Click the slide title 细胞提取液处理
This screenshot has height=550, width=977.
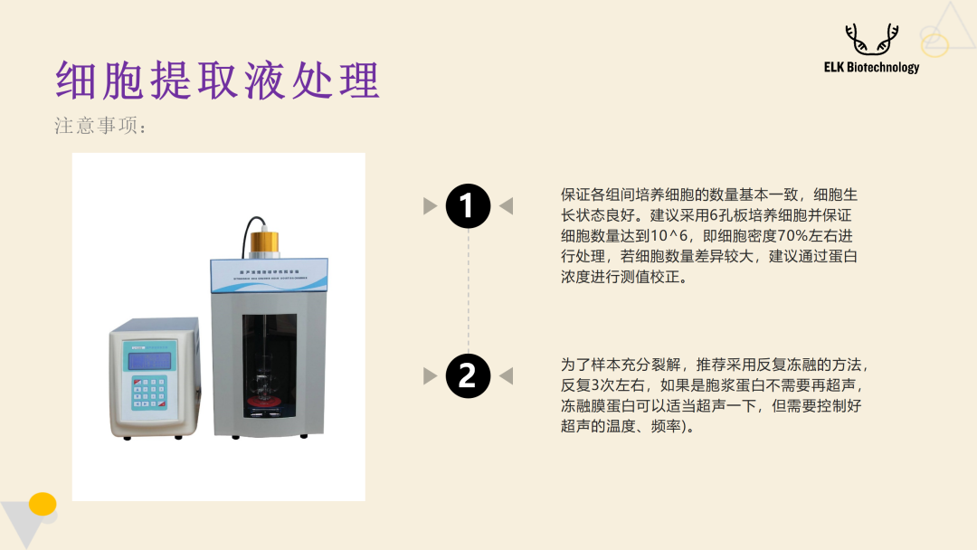pyautogui.click(x=217, y=81)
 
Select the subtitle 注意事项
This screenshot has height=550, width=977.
pyautogui.click(x=100, y=127)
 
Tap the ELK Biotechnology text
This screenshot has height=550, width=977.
pyautogui.click(x=871, y=67)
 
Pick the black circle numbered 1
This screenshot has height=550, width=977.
pyautogui.click(x=468, y=206)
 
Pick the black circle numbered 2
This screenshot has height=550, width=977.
pyautogui.click(x=468, y=375)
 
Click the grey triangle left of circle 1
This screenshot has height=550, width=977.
pyautogui.click(x=431, y=206)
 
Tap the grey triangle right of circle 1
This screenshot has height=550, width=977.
pyautogui.click(x=506, y=206)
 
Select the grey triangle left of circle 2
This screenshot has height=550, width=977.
pyautogui.click(x=431, y=375)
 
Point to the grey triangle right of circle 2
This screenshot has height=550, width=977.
pyautogui.click(x=506, y=375)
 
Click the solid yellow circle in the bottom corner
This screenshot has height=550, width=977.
pyautogui.click(x=43, y=504)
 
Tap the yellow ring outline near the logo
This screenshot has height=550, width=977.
pyautogui.click(x=934, y=44)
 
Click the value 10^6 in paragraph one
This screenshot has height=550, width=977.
pyautogui.click(x=659, y=236)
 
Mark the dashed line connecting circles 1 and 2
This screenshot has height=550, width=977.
pyautogui.click(x=468, y=289)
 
